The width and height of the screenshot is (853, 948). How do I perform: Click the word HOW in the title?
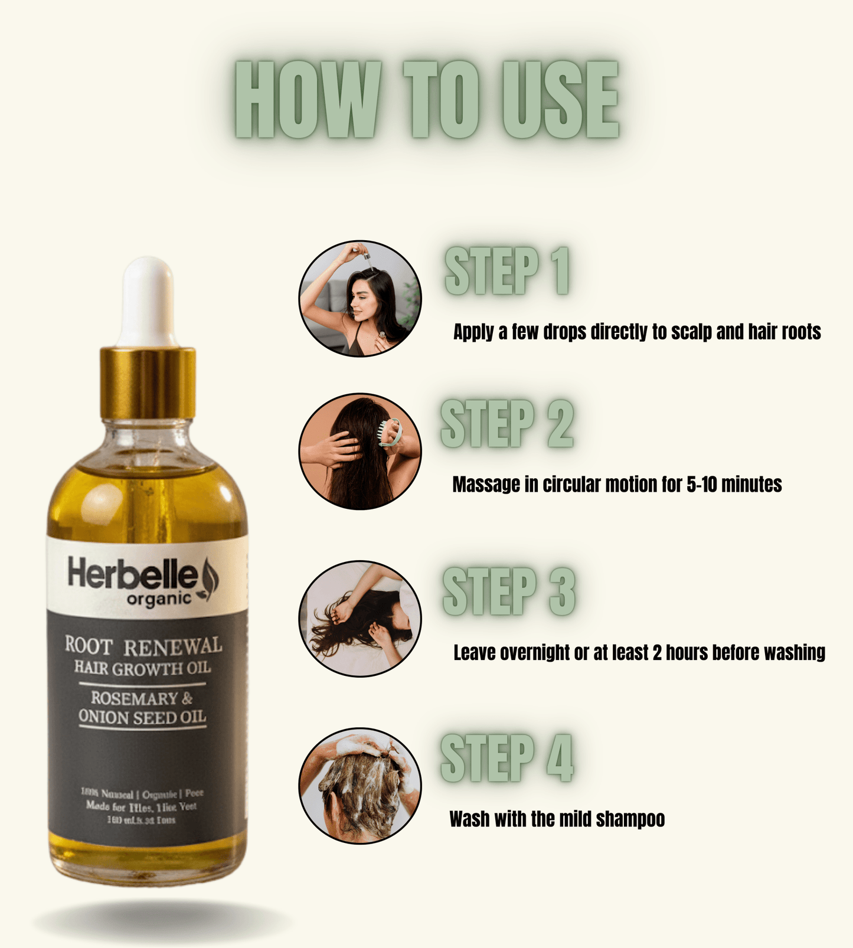point(308,100)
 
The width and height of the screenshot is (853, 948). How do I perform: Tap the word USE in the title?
point(560,100)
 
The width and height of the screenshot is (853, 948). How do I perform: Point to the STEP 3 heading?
point(508,591)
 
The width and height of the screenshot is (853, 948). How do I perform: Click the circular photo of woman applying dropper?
point(360,299)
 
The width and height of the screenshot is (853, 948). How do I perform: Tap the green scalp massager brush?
point(391,432)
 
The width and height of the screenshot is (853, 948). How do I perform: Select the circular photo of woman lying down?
point(360,619)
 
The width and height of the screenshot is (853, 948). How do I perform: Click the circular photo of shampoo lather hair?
point(360,785)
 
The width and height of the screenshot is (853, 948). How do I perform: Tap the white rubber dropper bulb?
point(148,301)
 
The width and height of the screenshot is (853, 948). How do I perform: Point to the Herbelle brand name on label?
point(133,574)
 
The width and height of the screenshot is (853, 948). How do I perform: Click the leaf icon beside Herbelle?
point(210,578)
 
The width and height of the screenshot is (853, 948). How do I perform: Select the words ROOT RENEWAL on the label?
point(143,646)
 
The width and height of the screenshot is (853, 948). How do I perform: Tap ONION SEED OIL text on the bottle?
point(142,717)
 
